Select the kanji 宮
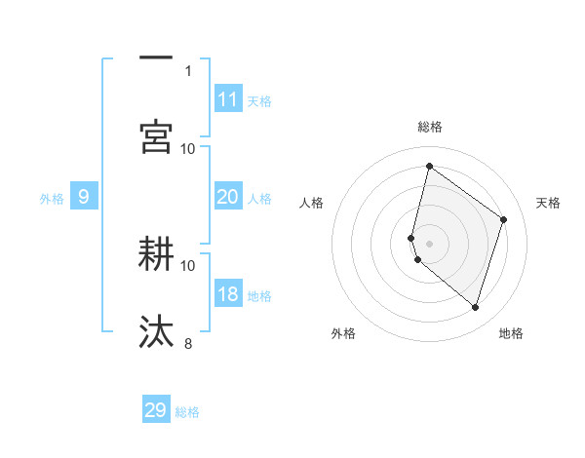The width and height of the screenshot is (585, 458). click(156, 136)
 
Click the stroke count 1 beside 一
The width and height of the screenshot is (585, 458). click(188, 70)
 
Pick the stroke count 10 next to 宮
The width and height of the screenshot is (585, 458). click(188, 148)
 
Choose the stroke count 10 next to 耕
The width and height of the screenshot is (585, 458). click(188, 265)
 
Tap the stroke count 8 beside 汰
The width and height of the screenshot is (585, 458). click(188, 343)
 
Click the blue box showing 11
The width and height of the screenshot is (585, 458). click(228, 99)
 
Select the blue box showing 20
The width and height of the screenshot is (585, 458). click(228, 197)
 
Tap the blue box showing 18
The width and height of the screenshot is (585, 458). click(228, 294)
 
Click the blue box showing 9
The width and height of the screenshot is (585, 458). click(84, 197)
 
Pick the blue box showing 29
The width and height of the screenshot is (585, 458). click(156, 410)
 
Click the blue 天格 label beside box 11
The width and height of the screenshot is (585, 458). click(259, 101)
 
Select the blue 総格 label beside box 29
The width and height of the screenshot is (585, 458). click(187, 412)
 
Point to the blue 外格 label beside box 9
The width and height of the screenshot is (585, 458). click(52, 199)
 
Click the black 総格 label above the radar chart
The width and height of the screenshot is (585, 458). click(429, 127)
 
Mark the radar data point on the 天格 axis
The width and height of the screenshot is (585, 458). click(503, 219)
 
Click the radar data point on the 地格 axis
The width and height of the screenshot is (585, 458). click(475, 307)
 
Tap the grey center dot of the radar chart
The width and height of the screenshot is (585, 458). click(429, 243)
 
